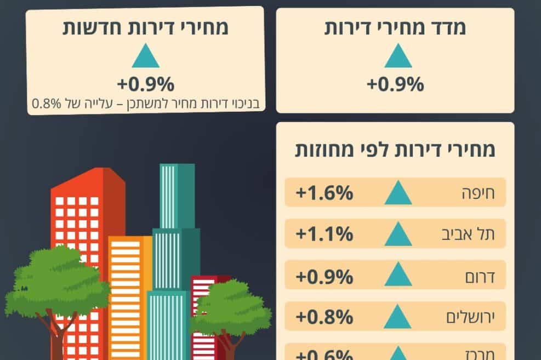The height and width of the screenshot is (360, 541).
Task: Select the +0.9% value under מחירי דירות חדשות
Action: [145, 84]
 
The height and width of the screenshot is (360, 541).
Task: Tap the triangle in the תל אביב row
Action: [398, 235]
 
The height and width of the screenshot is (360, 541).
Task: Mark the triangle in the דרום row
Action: [398, 276]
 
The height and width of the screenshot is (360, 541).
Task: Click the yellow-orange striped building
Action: [128, 285]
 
